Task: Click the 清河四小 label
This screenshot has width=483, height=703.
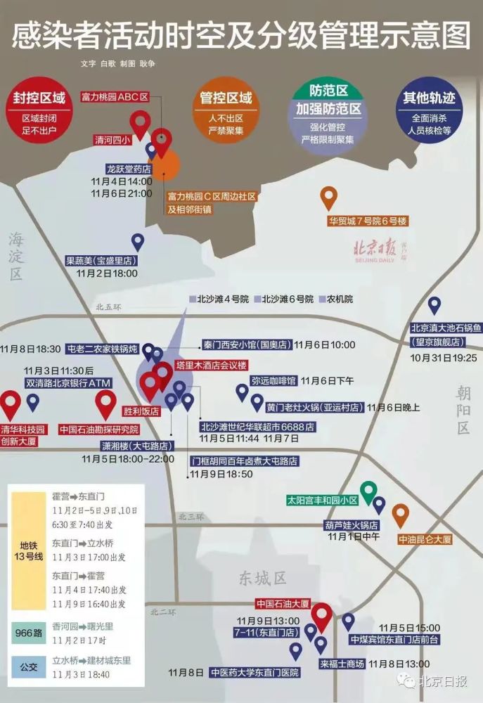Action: click(x=112, y=141)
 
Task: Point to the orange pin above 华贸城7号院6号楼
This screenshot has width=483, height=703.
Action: click(x=329, y=197)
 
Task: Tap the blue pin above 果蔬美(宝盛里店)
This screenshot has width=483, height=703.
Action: click(x=138, y=243)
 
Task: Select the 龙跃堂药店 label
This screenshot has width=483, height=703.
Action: click(x=129, y=169)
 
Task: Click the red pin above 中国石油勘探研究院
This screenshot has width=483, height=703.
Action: click(x=105, y=404)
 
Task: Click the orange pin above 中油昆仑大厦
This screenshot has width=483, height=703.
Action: click(x=401, y=515)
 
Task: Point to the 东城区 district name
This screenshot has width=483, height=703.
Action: click(x=263, y=578)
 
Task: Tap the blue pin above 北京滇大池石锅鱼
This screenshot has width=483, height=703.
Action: click(x=434, y=304)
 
